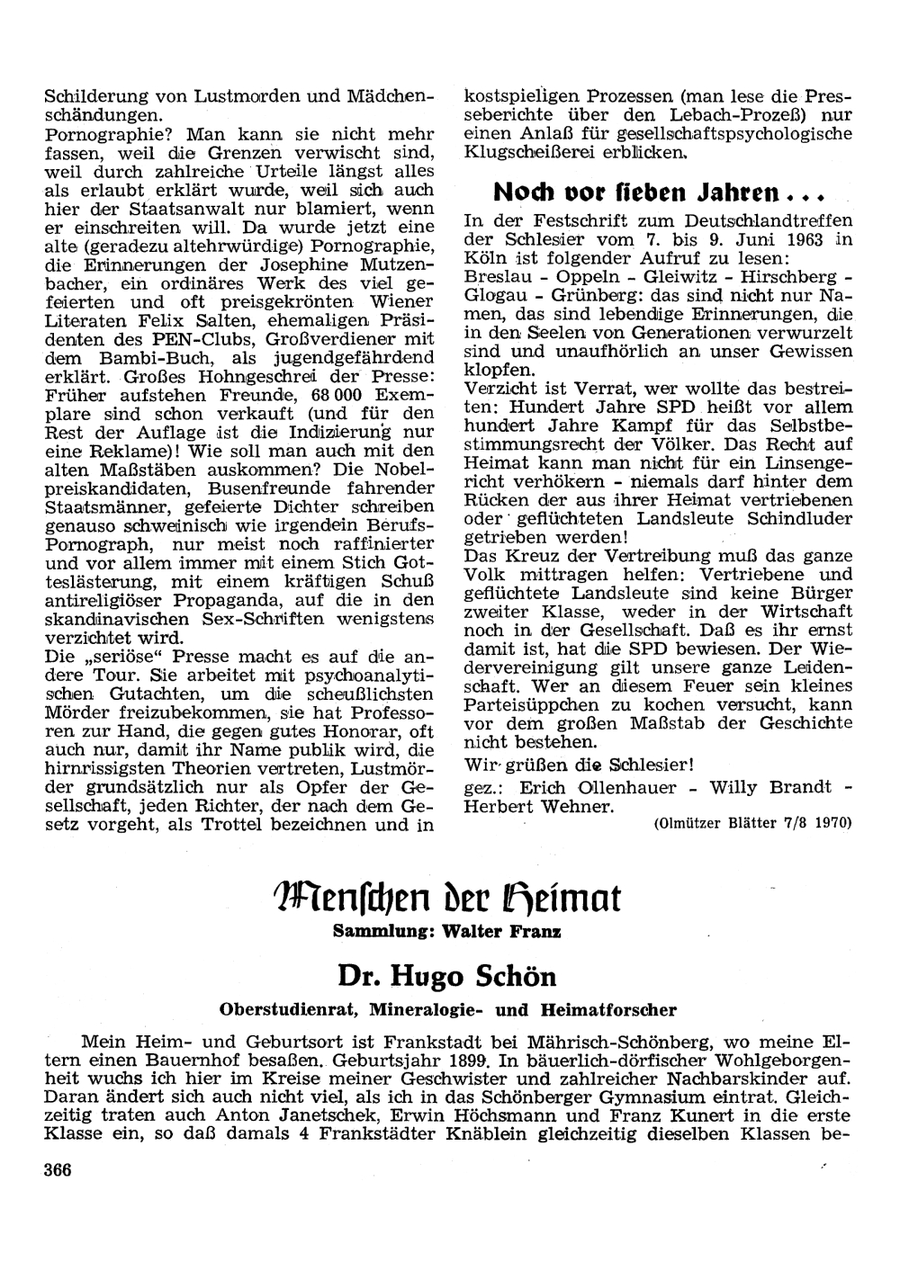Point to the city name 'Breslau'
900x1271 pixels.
pyautogui.click(x=493, y=276)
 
